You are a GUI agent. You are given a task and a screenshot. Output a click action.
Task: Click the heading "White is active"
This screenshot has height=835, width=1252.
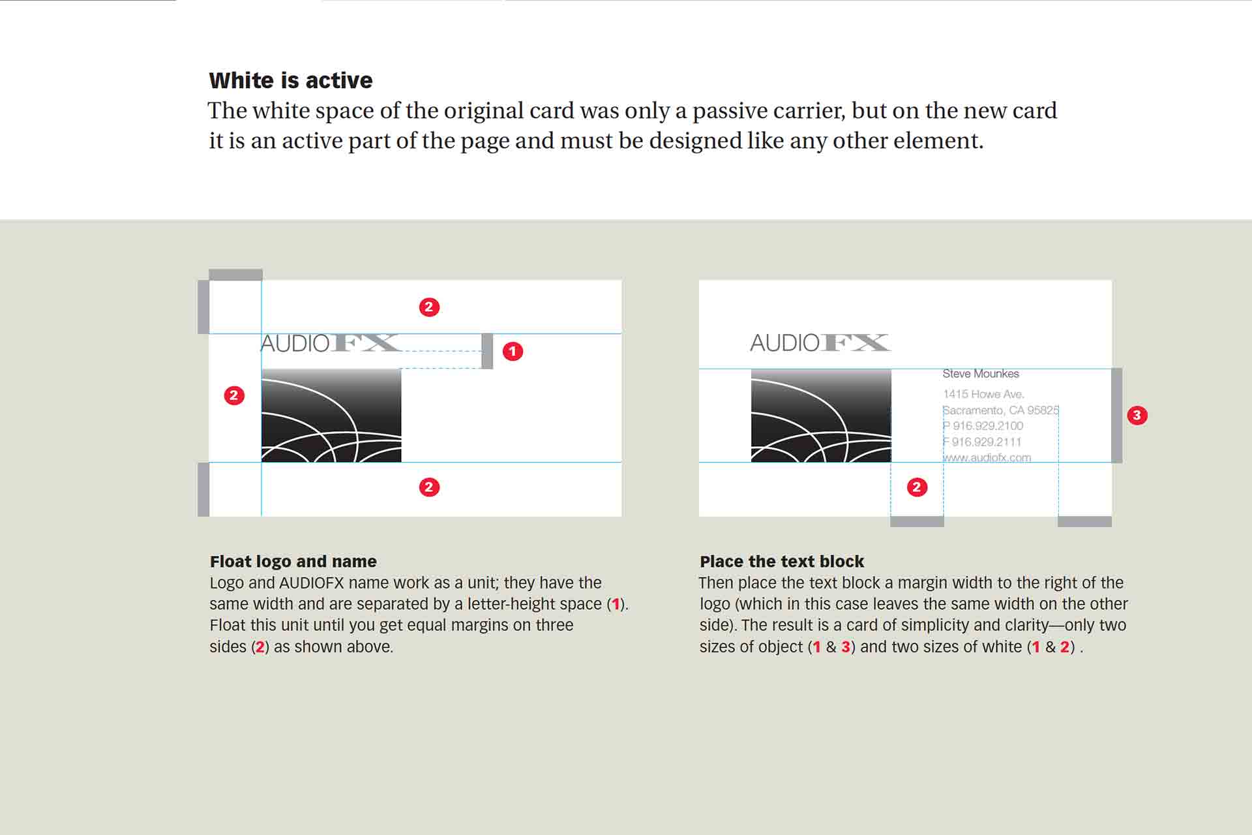[291, 80]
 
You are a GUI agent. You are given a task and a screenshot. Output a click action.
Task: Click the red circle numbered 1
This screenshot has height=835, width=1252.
[513, 352]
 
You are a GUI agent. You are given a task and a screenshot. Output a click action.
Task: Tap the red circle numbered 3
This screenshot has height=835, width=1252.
[1137, 416]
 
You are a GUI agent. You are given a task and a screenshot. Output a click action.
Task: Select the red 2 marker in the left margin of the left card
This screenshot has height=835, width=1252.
[234, 395]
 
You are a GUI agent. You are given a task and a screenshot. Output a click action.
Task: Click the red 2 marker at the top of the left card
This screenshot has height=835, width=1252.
[429, 307]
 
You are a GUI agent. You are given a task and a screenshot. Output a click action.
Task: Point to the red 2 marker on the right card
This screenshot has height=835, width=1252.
[917, 487]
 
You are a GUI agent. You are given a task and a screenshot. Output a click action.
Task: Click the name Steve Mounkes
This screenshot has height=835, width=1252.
[980, 374]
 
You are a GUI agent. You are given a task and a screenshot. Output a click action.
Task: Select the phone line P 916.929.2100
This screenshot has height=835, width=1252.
[983, 426]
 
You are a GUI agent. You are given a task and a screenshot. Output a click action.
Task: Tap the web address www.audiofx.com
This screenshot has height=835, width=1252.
[987, 458]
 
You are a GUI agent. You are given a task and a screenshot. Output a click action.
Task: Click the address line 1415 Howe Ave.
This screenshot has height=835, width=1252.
[983, 394]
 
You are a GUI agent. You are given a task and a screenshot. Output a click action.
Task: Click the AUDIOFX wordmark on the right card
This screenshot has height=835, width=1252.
[820, 342]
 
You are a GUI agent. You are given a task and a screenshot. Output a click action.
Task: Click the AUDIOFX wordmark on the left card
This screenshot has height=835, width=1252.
[330, 343]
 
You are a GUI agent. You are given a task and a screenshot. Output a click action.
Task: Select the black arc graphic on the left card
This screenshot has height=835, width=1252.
[331, 416]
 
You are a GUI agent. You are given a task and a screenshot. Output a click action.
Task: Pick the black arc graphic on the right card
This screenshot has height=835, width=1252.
[821, 416]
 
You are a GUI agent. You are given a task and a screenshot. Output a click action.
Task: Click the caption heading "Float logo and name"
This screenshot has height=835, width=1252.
[293, 562]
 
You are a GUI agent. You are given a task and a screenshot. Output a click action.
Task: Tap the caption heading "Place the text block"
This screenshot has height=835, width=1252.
[782, 562]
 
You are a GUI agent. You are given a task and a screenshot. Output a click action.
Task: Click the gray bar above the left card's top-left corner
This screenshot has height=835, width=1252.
[235, 275]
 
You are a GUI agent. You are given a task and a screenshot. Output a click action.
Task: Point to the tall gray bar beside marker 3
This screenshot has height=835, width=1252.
[1116, 416]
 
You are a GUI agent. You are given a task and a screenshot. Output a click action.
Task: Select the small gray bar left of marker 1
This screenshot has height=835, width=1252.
[487, 351]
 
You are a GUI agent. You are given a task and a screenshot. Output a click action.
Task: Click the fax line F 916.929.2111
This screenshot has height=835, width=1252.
[982, 442]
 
